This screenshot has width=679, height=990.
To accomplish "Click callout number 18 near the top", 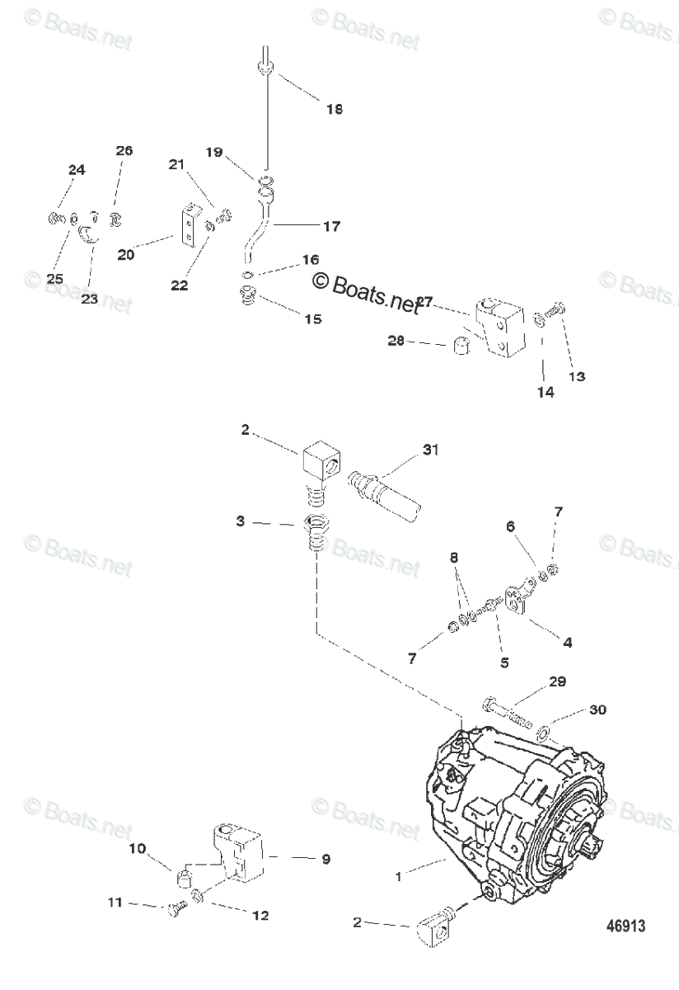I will point(335,109).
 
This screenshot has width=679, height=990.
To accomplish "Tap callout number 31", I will point(431,450).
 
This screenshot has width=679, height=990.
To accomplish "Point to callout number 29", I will point(558,682).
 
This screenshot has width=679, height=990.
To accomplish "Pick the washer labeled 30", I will point(544,731).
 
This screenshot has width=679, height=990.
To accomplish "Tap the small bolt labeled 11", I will point(176,908).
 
